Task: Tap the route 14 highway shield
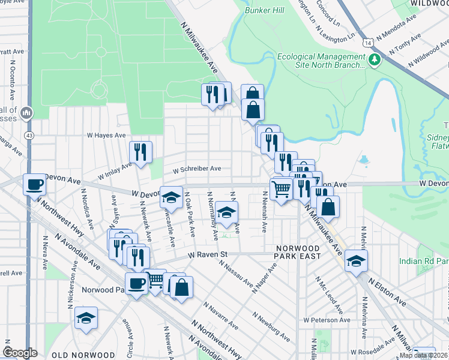[x=367, y=42]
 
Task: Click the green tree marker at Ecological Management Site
[x=375, y=59]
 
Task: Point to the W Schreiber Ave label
[x=197, y=169]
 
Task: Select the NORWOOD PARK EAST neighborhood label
[x=297, y=252]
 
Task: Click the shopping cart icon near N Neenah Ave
[x=281, y=190]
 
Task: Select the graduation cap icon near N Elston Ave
[x=356, y=260]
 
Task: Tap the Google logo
[x=20, y=353]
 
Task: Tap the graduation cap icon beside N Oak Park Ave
[x=171, y=197]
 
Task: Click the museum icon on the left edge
[x=26, y=113]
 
